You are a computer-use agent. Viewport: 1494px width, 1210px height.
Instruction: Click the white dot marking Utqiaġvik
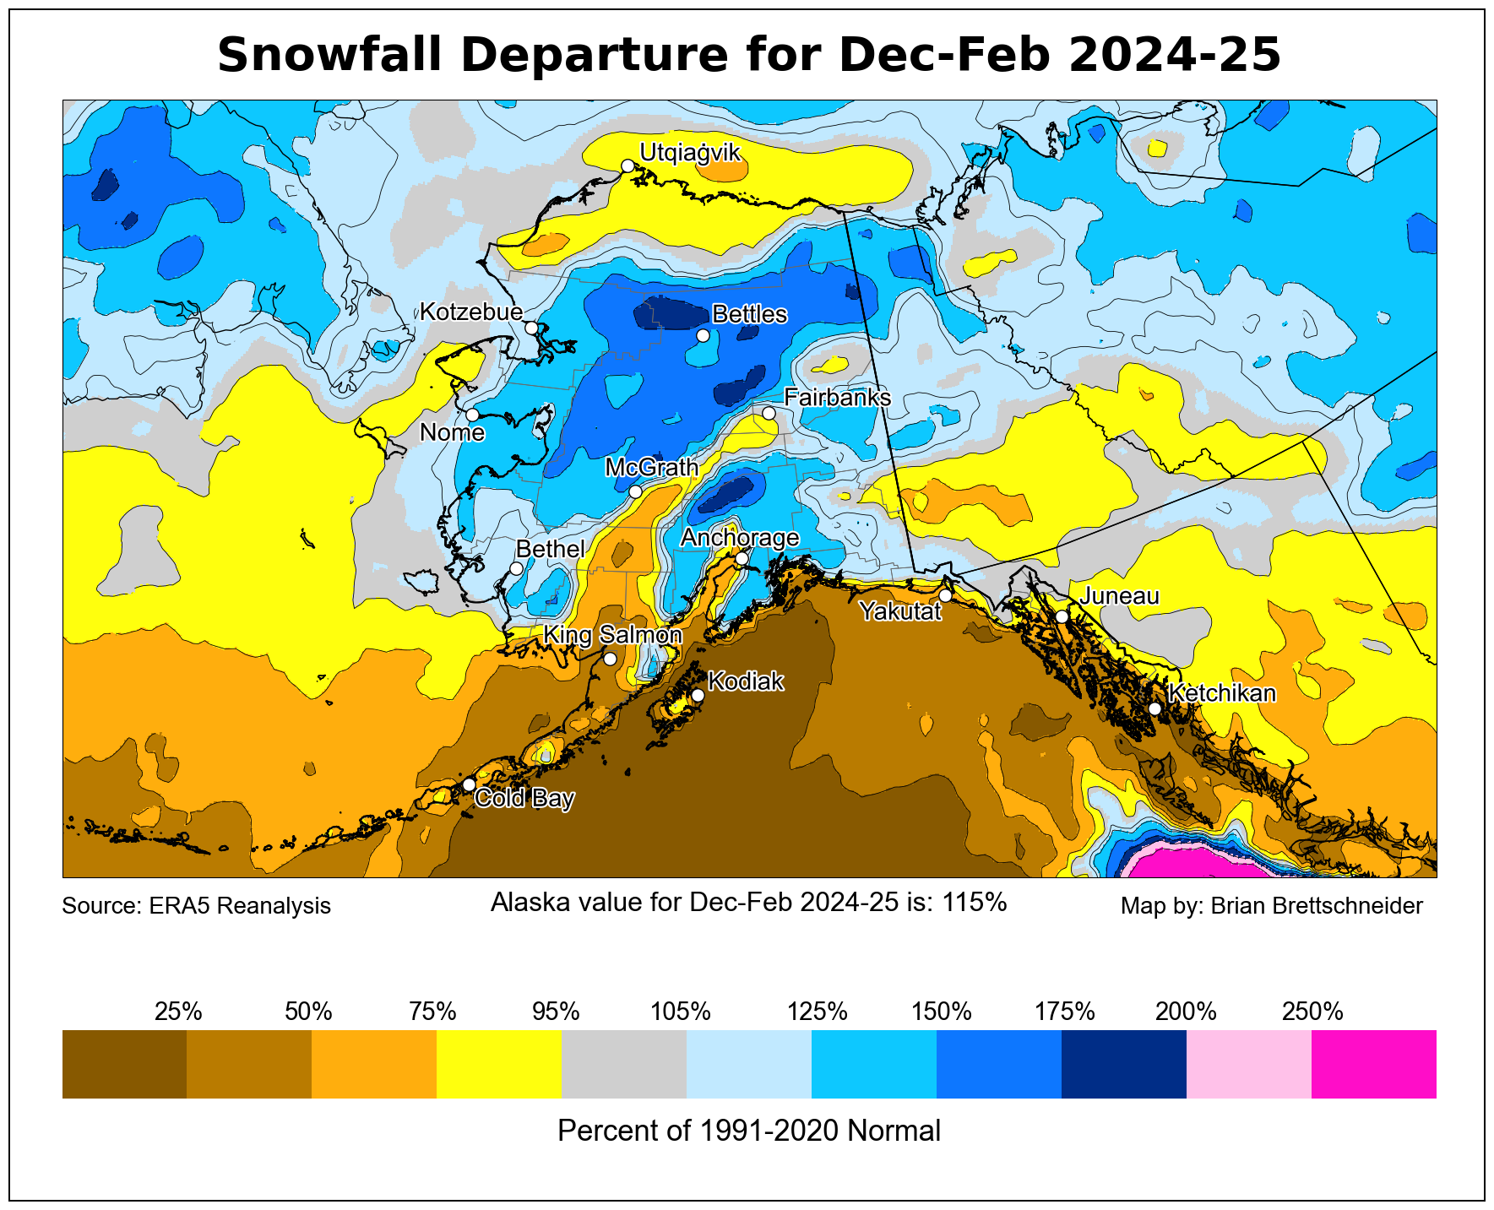pyautogui.click(x=627, y=165)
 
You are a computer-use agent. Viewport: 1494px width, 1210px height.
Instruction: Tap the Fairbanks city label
pyautogui.click(x=837, y=397)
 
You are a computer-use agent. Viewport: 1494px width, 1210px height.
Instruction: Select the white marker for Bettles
pyautogui.click(x=703, y=335)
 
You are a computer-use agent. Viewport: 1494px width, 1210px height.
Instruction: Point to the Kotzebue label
pyautogui.click(x=471, y=312)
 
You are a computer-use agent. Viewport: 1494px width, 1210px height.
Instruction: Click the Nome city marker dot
pyautogui.click(x=472, y=415)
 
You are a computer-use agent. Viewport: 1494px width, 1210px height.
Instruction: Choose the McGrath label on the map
pyautogui.click(x=652, y=467)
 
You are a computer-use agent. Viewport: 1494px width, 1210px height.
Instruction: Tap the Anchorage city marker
pyautogui.click(x=742, y=558)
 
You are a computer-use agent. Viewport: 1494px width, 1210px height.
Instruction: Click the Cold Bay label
pyautogui.click(x=524, y=798)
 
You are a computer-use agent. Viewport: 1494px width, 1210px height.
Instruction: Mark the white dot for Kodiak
pyautogui.click(x=698, y=695)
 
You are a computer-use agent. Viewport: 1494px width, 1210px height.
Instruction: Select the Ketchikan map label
pyautogui.click(x=1222, y=693)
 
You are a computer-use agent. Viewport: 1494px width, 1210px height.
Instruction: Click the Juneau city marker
pyautogui.click(x=1062, y=616)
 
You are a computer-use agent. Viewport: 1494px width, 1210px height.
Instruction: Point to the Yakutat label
pyautogui.click(x=900, y=610)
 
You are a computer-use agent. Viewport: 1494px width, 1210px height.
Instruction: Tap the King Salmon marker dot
pyautogui.click(x=610, y=659)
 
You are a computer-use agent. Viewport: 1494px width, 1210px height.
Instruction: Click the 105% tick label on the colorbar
pyautogui.click(x=681, y=1011)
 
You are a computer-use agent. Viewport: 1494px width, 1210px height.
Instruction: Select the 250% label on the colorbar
pyautogui.click(x=1312, y=1011)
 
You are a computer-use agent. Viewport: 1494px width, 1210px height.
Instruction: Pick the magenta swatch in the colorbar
pyautogui.click(x=1373, y=1064)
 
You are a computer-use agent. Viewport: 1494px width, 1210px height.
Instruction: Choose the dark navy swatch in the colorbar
pyautogui.click(x=1123, y=1064)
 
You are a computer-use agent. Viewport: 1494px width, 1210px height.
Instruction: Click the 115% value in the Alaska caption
pyautogui.click(x=975, y=903)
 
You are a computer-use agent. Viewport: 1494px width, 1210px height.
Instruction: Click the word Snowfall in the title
pyautogui.click(x=330, y=56)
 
